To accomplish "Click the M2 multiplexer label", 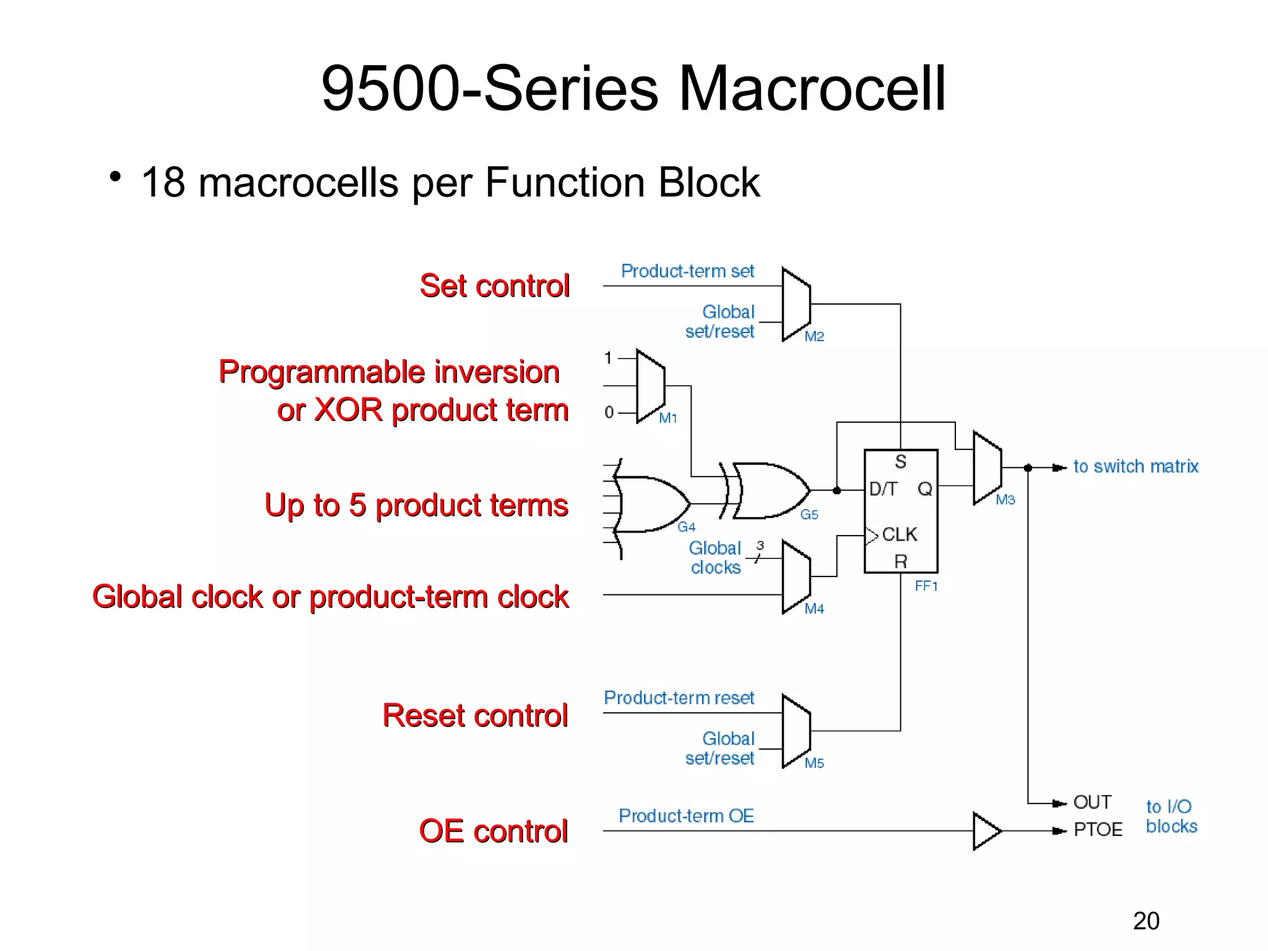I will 814,336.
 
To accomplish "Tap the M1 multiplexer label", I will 667,418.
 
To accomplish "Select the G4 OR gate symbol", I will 650,504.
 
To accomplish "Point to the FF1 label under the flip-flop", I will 926,586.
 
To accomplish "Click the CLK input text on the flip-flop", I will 899,534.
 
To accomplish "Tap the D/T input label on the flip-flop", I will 883,489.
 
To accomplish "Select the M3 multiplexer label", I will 1005,500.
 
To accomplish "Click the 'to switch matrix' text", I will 1136,466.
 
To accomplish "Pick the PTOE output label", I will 1098,830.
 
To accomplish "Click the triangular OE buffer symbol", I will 986,831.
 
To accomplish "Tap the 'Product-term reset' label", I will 679,698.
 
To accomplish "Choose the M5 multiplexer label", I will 814,763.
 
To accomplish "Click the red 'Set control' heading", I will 494,286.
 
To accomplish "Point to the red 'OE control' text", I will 493,831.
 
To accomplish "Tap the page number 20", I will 1146,921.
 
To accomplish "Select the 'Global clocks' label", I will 715,558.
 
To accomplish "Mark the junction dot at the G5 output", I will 836,490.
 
